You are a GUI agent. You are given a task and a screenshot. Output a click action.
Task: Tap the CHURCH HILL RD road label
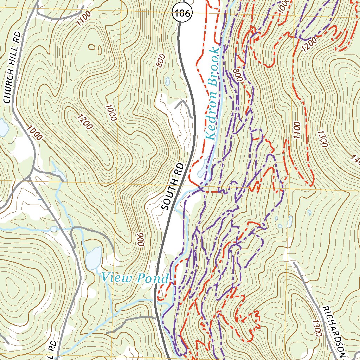[12, 67]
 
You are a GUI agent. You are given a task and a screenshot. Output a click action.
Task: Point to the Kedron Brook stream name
[212, 93]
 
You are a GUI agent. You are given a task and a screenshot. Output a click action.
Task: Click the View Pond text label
[135, 279]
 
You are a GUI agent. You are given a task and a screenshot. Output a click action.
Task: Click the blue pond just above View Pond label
[94, 257]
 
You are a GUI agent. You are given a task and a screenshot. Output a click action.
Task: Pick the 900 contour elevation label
[140, 240]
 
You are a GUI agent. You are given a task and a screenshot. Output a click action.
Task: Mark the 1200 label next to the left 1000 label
[85, 122]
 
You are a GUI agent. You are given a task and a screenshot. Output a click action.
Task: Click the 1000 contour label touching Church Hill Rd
[33, 133]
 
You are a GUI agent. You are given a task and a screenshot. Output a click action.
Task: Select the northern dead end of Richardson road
[294, 263]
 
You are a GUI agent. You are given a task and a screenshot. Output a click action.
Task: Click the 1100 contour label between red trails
[296, 130]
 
